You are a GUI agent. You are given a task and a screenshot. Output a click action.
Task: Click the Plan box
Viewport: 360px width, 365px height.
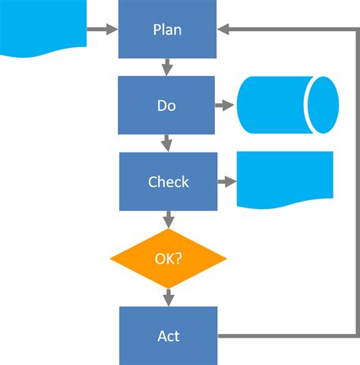click(168, 30)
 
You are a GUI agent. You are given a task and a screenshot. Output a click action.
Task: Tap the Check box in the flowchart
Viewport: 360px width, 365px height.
click(168, 182)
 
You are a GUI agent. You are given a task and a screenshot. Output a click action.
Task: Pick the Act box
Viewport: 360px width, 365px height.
click(168, 335)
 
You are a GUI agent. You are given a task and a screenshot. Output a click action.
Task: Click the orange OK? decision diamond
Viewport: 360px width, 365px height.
click(168, 259)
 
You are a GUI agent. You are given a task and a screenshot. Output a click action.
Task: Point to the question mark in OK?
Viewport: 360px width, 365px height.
click(178, 259)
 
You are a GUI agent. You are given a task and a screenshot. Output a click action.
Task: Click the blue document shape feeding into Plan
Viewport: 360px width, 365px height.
click(43, 27)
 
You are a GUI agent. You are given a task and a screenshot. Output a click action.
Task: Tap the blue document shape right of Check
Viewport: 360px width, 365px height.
click(285, 179)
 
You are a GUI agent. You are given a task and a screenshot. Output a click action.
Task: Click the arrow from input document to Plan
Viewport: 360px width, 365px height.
click(103, 30)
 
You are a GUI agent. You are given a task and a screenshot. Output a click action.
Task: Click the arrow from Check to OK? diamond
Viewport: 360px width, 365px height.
click(168, 220)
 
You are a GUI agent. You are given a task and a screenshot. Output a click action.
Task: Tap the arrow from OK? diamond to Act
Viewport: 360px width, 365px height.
click(168, 297)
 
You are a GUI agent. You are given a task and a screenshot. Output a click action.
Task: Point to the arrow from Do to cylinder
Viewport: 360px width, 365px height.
click(226, 106)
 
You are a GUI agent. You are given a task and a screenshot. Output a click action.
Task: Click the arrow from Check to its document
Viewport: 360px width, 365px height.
click(226, 182)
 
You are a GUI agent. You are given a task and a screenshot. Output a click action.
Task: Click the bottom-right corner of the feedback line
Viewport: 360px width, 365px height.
click(355, 335)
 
